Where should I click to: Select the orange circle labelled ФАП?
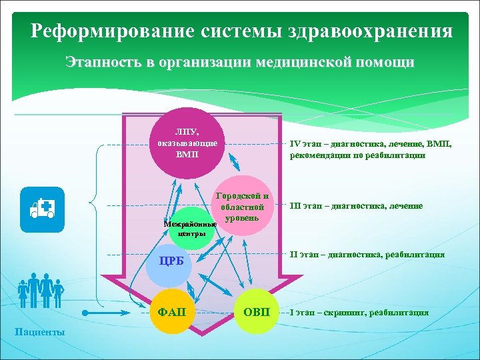click(172, 313)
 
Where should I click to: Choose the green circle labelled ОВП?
click(257, 313)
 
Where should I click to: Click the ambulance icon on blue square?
click(42, 209)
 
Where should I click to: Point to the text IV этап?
click(304, 141)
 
